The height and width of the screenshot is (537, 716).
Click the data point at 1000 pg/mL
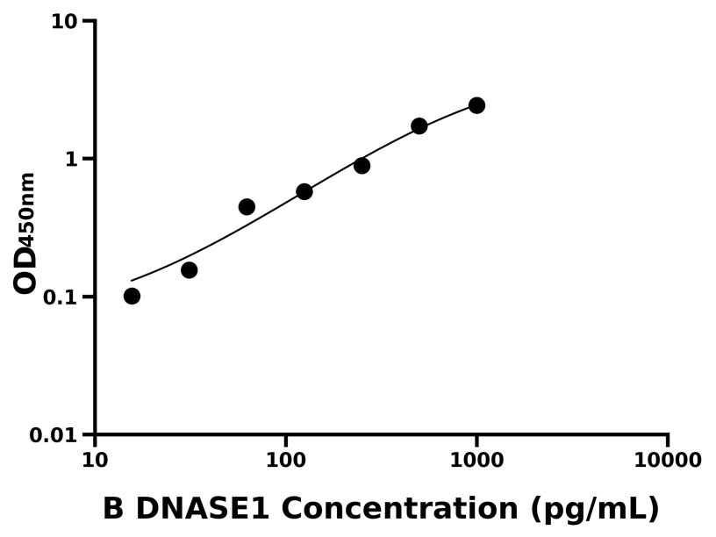coord(476,105)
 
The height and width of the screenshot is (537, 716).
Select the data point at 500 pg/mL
coord(419,126)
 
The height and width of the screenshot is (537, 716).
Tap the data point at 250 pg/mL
coord(362,165)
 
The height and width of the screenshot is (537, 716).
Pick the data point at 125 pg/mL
coord(304,191)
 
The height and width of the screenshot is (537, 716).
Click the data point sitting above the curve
coord(247,207)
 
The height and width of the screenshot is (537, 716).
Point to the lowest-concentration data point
coord(132,296)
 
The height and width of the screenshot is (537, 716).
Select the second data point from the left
coord(189,269)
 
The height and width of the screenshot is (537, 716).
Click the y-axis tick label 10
coord(64,21)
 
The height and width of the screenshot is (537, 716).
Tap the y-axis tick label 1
coord(71,160)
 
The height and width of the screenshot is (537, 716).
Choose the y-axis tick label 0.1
coord(60,297)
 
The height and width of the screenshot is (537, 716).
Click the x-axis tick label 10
coord(95,461)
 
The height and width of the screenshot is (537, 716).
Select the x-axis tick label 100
coord(285,461)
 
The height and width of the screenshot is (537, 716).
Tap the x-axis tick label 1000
coord(476,461)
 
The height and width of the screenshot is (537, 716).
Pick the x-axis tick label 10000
coord(667,461)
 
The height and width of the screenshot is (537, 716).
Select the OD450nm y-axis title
coord(26,233)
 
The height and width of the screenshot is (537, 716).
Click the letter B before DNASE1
coord(113,509)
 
